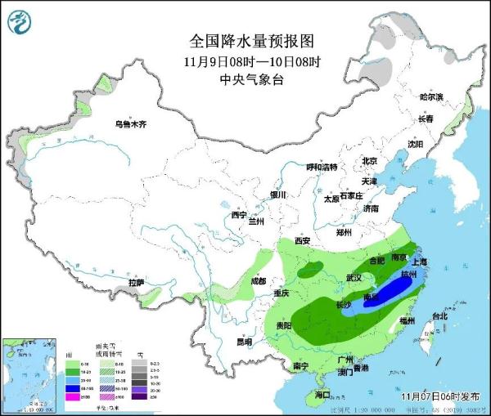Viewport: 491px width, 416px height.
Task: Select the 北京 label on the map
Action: point(369,161)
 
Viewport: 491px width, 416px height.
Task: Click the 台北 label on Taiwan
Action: point(439,316)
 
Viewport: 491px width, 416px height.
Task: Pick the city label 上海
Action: point(421,262)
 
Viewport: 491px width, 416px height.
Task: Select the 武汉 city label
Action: point(354,278)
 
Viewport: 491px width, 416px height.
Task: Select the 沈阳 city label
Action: point(416,144)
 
